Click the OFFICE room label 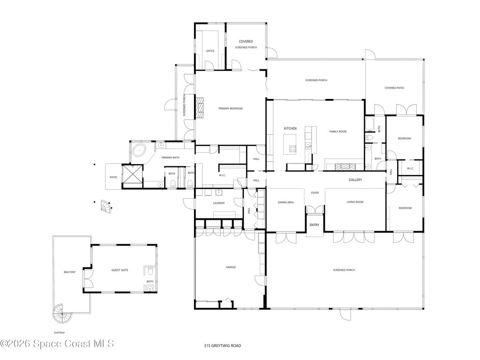click(210, 51)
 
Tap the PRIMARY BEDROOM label click(231, 109)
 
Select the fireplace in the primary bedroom click(201, 108)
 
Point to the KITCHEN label click(290, 128)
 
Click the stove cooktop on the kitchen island click(292, 149)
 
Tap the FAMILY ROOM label click(337, 132)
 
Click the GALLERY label click(355, 180)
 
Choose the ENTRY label click(314, 225)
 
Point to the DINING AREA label click(286, 202)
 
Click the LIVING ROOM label click(355, 202)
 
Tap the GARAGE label click(231, 267)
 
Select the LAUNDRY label click(218, 203)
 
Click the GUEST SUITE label click(120, 270)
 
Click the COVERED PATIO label click(394, 88)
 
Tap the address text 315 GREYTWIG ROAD click(223, 345)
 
